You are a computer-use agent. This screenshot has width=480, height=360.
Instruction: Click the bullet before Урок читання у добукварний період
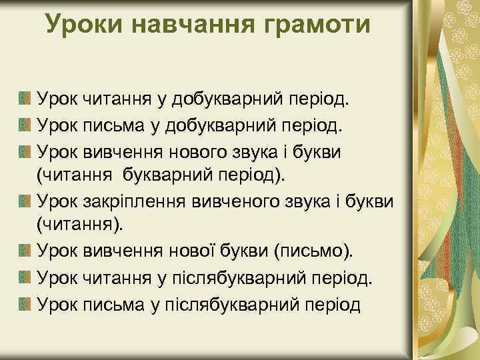tap(25, 100)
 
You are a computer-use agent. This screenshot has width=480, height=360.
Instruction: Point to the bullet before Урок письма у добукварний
tap(25, 125)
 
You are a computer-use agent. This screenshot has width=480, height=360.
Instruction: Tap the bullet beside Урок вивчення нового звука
tap(25, 150)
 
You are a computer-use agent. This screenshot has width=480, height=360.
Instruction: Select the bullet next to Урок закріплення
tap(25, 200)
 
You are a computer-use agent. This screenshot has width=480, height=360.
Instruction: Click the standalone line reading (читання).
tap(80, 225)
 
